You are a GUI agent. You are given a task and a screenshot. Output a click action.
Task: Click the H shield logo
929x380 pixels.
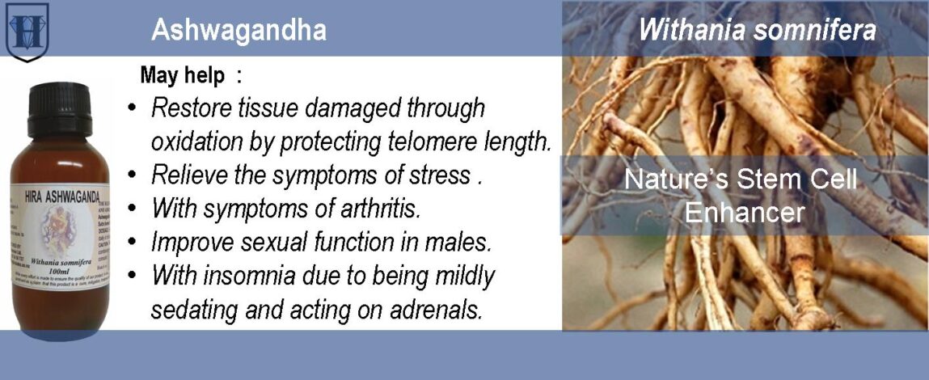(x=27, y=31)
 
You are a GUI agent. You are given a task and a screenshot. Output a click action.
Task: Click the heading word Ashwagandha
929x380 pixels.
(x=239, y=31)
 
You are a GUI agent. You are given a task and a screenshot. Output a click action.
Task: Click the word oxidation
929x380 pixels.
(x=197, y=142)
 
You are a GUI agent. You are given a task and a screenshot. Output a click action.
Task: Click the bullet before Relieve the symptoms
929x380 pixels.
(x=132, y=175)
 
